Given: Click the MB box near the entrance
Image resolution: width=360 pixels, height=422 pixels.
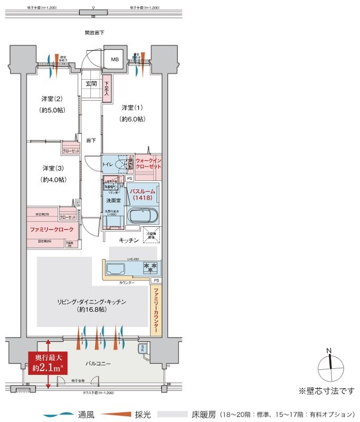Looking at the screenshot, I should coord(115,59).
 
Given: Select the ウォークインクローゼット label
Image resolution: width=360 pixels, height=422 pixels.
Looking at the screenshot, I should coord(148,163).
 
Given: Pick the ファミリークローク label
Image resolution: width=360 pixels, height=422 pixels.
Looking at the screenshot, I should coord(52,230).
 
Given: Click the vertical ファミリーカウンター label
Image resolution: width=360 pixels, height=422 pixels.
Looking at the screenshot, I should coord(156,311).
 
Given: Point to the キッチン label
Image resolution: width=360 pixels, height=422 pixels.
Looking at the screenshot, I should coord(128,240).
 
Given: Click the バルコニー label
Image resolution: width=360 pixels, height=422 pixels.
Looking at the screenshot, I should coord(98,364).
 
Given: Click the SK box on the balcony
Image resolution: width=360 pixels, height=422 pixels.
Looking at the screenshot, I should coord(143,349).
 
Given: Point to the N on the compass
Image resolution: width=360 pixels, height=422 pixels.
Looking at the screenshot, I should coord(329,351).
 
